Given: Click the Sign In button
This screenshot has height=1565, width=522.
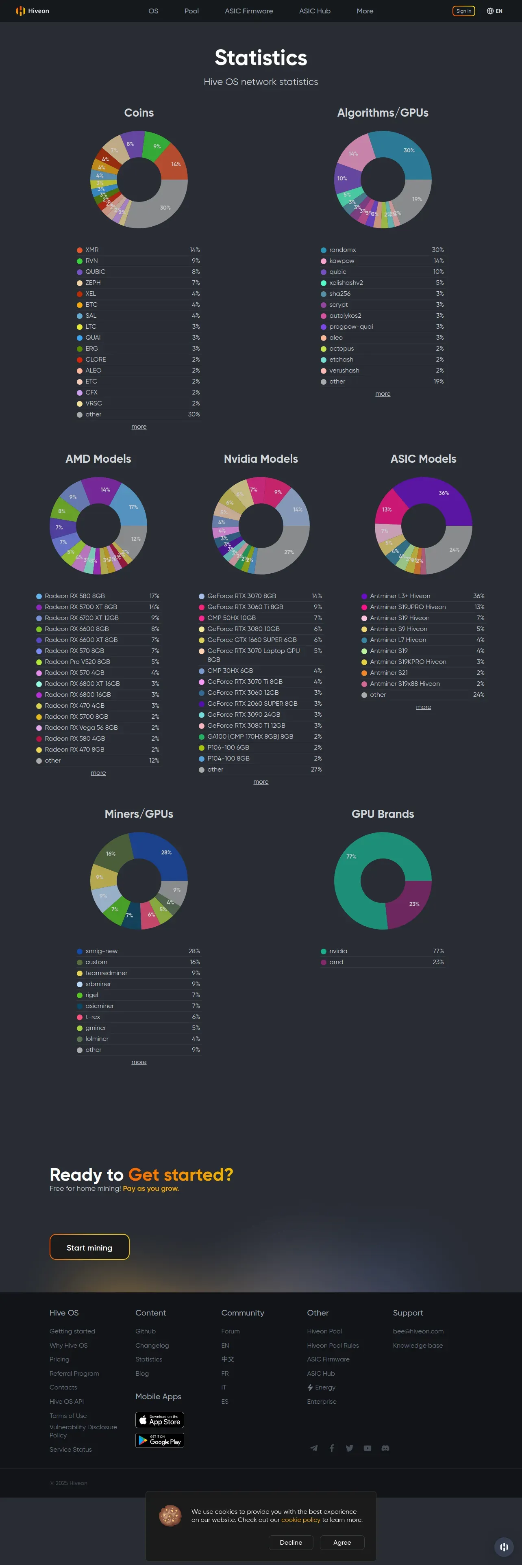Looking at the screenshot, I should point(464,11).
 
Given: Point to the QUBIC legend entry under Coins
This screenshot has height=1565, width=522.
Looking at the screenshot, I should point(96,271).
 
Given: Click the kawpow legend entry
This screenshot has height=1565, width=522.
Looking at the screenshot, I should point(341,261).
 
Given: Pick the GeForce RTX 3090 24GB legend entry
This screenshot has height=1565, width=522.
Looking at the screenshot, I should point(243,715).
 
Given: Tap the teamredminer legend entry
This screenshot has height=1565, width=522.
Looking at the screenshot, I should point(107,973).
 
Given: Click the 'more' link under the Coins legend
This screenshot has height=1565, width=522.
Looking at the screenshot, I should point(139,427).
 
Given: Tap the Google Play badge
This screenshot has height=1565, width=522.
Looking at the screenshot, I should point(159,1440).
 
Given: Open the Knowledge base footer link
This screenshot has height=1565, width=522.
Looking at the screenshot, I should point(418,1345).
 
